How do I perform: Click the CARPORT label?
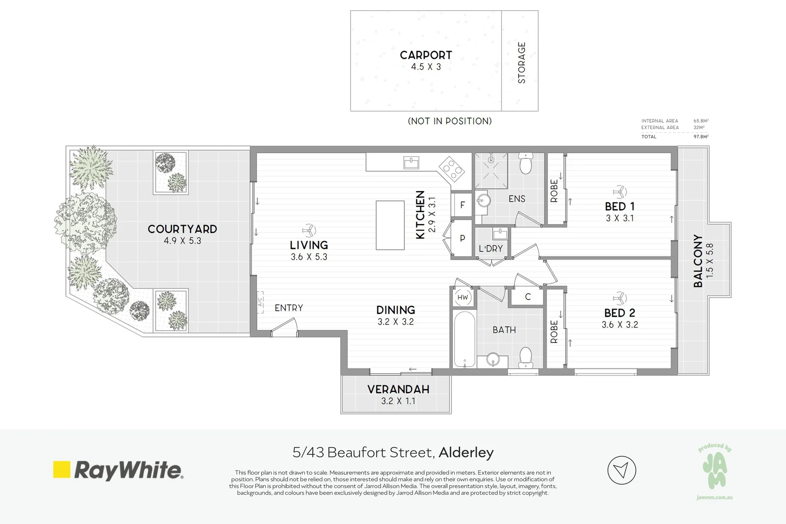[x=426, y=55]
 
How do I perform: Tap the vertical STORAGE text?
[x=522, y=63]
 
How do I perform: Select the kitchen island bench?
[x=390, y=225]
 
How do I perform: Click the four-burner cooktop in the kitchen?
[x=451, y=169]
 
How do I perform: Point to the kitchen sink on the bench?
[x=411, y=163]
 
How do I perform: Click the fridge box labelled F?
[x=462, y=205]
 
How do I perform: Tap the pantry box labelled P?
[x=462, y=238]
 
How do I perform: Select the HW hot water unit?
[x=463, y=297]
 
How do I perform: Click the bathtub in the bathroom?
[x=464, y=339]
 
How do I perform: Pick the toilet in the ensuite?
[x=526, y=164]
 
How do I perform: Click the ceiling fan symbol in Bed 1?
[x=620, y=191]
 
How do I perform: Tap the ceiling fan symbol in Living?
[x=308, y=230]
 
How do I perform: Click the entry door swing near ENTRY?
[x=285, y=327]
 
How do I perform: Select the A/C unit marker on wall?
[x=260, y=301]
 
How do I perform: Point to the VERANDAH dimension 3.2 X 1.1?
[x=398, y=401]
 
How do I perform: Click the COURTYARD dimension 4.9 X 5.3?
[x=182, y=241]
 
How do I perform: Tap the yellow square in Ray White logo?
[x=62, y=469]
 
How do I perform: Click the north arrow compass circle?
[x=622, y=470]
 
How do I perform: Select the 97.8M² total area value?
[x=701, y=137]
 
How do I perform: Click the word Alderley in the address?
[x=466, y=453]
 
